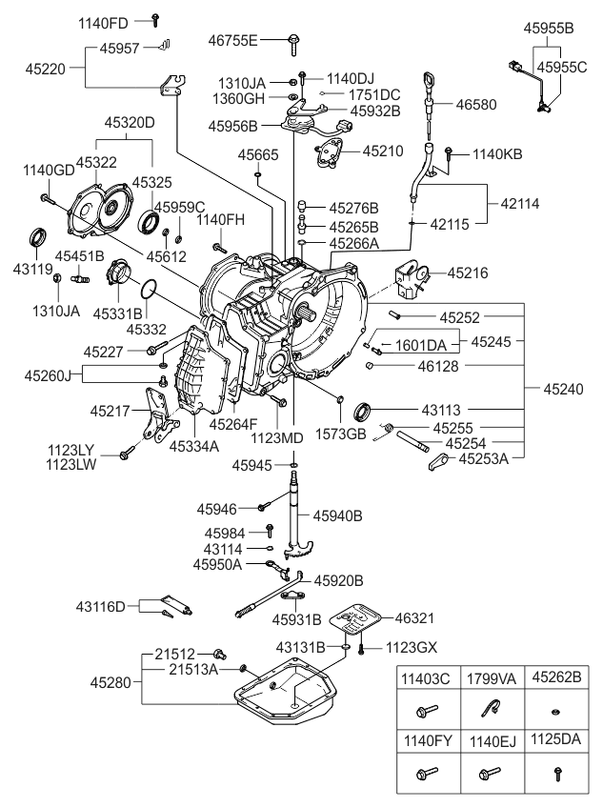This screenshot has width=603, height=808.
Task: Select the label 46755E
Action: click(x=233, y=40)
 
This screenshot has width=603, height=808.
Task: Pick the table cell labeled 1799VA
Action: click(x=492, y=680)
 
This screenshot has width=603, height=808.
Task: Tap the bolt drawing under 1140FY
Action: click(x=426, y=773)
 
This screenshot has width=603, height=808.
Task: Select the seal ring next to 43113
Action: click(x=363, y=411)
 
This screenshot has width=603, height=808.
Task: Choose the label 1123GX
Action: click(x=411, y=647)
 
